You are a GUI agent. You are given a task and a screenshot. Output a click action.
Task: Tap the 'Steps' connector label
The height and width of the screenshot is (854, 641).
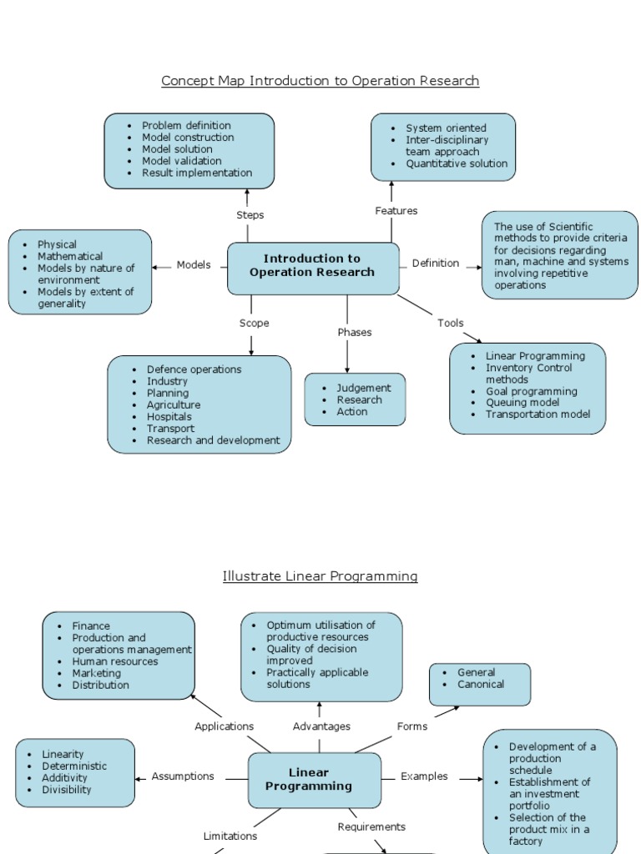pos(250,215)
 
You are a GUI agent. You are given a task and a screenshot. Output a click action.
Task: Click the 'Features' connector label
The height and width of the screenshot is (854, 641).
pos(396,211)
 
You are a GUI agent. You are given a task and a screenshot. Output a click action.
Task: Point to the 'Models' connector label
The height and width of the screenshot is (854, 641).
pos(194,265)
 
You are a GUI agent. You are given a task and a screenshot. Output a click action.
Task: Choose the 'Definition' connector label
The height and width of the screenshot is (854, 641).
pos(435,264)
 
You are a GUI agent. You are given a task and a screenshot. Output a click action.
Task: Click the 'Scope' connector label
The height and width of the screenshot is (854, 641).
pos(254,324)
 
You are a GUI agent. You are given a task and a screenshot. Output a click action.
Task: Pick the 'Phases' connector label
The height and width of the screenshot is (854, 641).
pos(354,333)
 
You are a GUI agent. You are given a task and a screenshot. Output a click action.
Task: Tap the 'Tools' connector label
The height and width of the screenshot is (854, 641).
pos(450,324)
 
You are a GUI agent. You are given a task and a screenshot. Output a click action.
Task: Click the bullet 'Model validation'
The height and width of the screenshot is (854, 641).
pos(181,161)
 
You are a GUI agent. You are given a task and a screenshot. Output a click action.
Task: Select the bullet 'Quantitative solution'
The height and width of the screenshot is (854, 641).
pos(456,164)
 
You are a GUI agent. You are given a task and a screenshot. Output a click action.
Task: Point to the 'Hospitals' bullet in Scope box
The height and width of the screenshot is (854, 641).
pos(169,417)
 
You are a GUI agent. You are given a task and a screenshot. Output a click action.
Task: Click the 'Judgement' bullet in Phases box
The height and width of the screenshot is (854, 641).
pos(363,389)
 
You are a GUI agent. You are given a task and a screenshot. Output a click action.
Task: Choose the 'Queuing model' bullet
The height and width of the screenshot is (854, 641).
pos(522,403)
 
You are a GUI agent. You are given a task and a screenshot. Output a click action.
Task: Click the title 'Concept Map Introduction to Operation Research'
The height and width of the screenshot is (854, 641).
pos(320,81)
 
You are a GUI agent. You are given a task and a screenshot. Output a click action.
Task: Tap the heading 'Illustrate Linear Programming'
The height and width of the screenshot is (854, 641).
pos(320,576)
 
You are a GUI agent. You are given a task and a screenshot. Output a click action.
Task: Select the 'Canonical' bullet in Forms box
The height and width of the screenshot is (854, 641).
pos(481,685)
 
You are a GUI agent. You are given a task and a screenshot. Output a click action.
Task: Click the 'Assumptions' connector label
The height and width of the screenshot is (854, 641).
pos(183,776)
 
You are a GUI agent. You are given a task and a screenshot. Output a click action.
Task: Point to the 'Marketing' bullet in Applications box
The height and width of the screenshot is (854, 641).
pos(96,673)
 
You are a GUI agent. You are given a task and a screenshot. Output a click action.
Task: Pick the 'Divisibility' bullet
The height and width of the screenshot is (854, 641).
pos(67,790)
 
